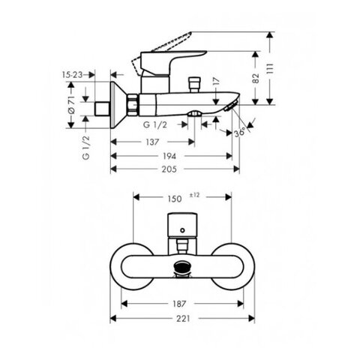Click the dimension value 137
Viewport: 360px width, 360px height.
tap(152, 142)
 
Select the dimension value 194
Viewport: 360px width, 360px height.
tap(169, 156)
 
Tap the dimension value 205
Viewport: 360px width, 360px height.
tap(169, 169)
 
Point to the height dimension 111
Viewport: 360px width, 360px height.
tap(270, 68)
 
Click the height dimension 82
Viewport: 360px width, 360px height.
tap(256, 78)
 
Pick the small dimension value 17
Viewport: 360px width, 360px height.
tap(217, 81)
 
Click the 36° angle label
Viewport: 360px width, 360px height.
tap(240, 132)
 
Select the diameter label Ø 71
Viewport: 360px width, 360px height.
tap(71, 105)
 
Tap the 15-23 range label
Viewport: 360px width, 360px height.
tap(73, 74)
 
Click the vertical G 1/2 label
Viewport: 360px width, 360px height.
tap(85, 148)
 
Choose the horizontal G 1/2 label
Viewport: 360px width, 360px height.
tap(155, 124)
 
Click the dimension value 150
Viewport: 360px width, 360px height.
tap(175, 199)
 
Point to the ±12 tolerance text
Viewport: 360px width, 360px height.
tap(194, 195)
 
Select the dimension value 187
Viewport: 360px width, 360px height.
tap(179, 304)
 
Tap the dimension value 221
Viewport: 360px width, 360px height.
tap(183, 319)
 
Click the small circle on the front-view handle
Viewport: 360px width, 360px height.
tap(182, 230)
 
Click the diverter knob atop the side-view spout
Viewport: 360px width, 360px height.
tap(194, 85)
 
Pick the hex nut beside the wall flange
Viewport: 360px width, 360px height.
tap(133, 105)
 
